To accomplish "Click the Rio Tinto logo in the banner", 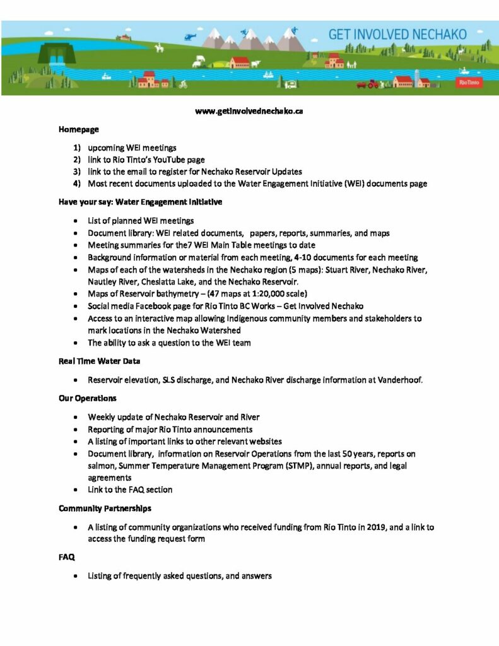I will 467,82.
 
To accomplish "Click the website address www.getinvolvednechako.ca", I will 249,111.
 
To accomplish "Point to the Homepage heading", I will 78,129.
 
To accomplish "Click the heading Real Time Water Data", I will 99,360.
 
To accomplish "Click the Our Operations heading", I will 87,399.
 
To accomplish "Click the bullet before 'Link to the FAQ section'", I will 76,490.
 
